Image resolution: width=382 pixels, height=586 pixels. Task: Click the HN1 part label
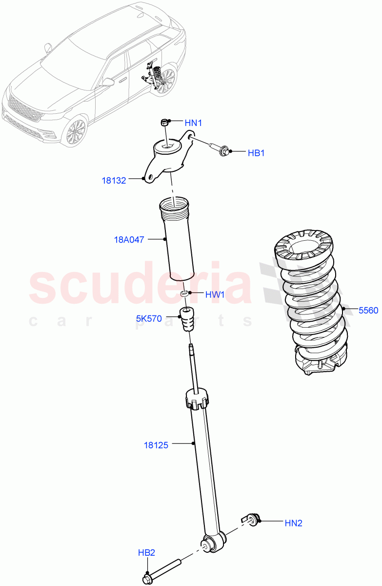193,123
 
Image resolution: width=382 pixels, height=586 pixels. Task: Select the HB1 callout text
256,153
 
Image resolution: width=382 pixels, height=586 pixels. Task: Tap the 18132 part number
114,181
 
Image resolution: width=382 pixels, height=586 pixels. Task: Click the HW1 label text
214,294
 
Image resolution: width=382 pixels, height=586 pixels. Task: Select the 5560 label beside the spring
368,310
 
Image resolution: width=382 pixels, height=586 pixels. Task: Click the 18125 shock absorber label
156,445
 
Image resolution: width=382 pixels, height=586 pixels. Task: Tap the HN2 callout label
293,523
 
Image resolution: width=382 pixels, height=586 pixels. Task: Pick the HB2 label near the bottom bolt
146,553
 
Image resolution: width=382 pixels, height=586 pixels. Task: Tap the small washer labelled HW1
184,294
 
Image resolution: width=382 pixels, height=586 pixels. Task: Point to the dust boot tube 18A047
178,239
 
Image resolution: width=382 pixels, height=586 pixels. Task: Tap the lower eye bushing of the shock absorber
209,543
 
